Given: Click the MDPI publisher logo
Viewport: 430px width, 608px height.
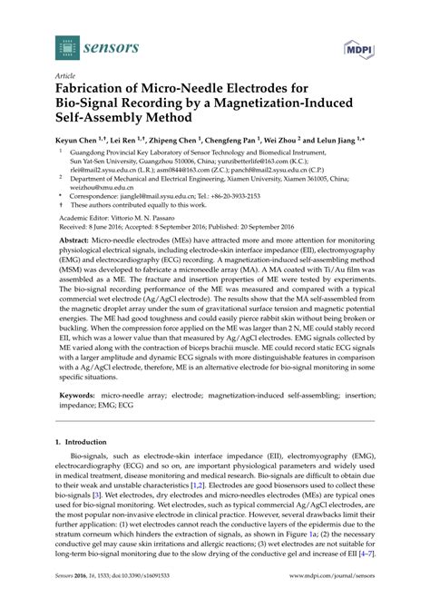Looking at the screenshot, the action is [x=357, y=46].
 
